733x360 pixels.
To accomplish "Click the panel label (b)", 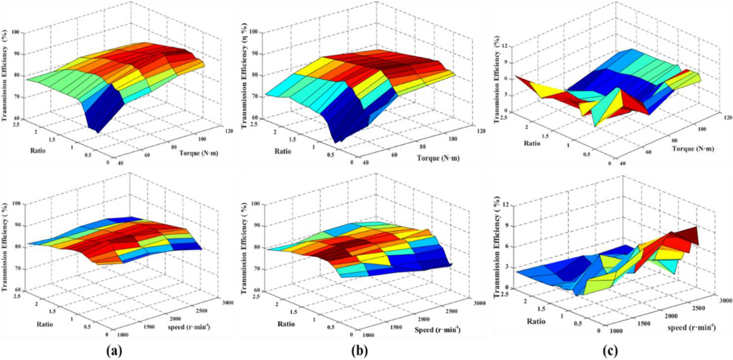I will tap(359, 351).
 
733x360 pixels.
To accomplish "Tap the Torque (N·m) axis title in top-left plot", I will tap(198, 153).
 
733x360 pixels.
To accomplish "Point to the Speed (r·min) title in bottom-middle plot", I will tap(437, 330).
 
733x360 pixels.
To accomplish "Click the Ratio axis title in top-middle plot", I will tap(282, 151).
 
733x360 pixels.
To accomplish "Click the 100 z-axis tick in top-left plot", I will tap(16, 32).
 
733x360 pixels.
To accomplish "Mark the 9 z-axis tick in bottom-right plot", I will tap(506, 225).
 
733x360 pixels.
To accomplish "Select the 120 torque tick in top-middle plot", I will tap(480, 131).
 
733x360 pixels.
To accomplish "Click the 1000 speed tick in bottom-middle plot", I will tap(368, 335).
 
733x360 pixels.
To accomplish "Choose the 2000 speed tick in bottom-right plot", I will tap(671, 316).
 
